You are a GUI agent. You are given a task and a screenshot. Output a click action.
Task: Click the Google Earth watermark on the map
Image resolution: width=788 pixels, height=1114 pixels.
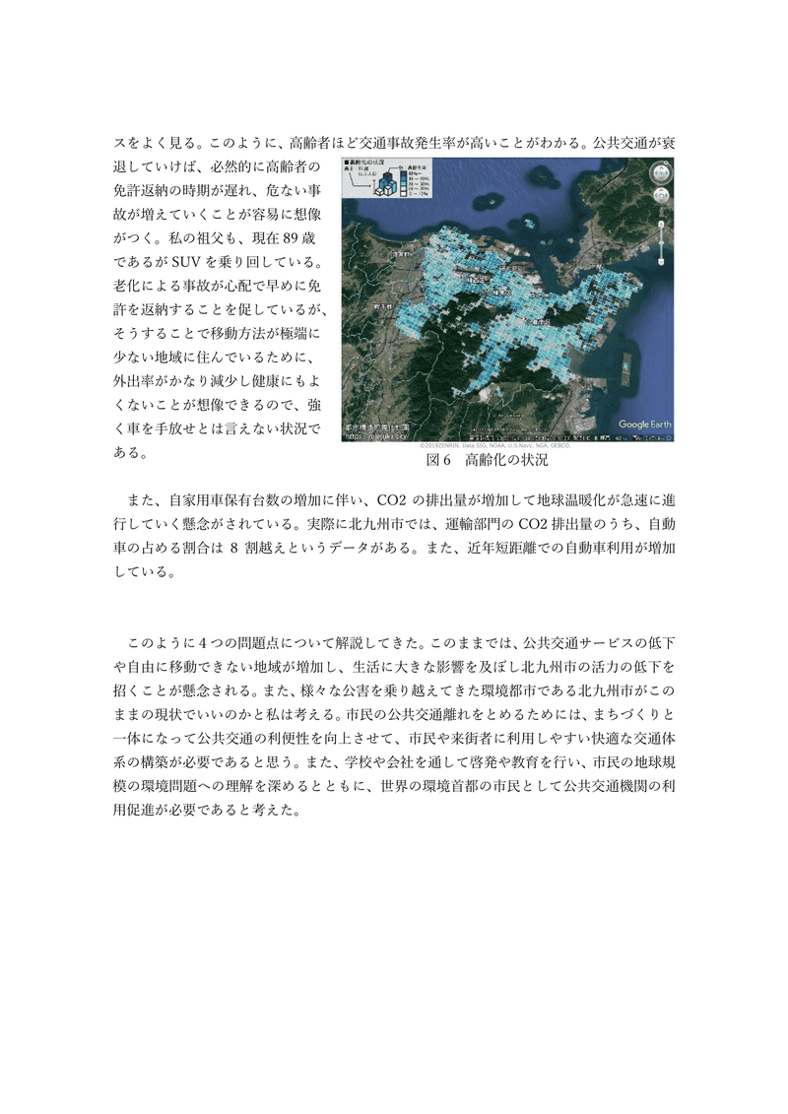645,425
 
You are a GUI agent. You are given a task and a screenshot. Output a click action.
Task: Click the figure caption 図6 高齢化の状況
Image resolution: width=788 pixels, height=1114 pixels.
486,460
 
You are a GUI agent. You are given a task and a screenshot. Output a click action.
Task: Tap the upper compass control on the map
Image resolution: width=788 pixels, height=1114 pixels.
661,173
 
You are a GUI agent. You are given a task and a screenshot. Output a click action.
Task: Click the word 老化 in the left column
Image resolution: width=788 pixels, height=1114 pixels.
129,288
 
